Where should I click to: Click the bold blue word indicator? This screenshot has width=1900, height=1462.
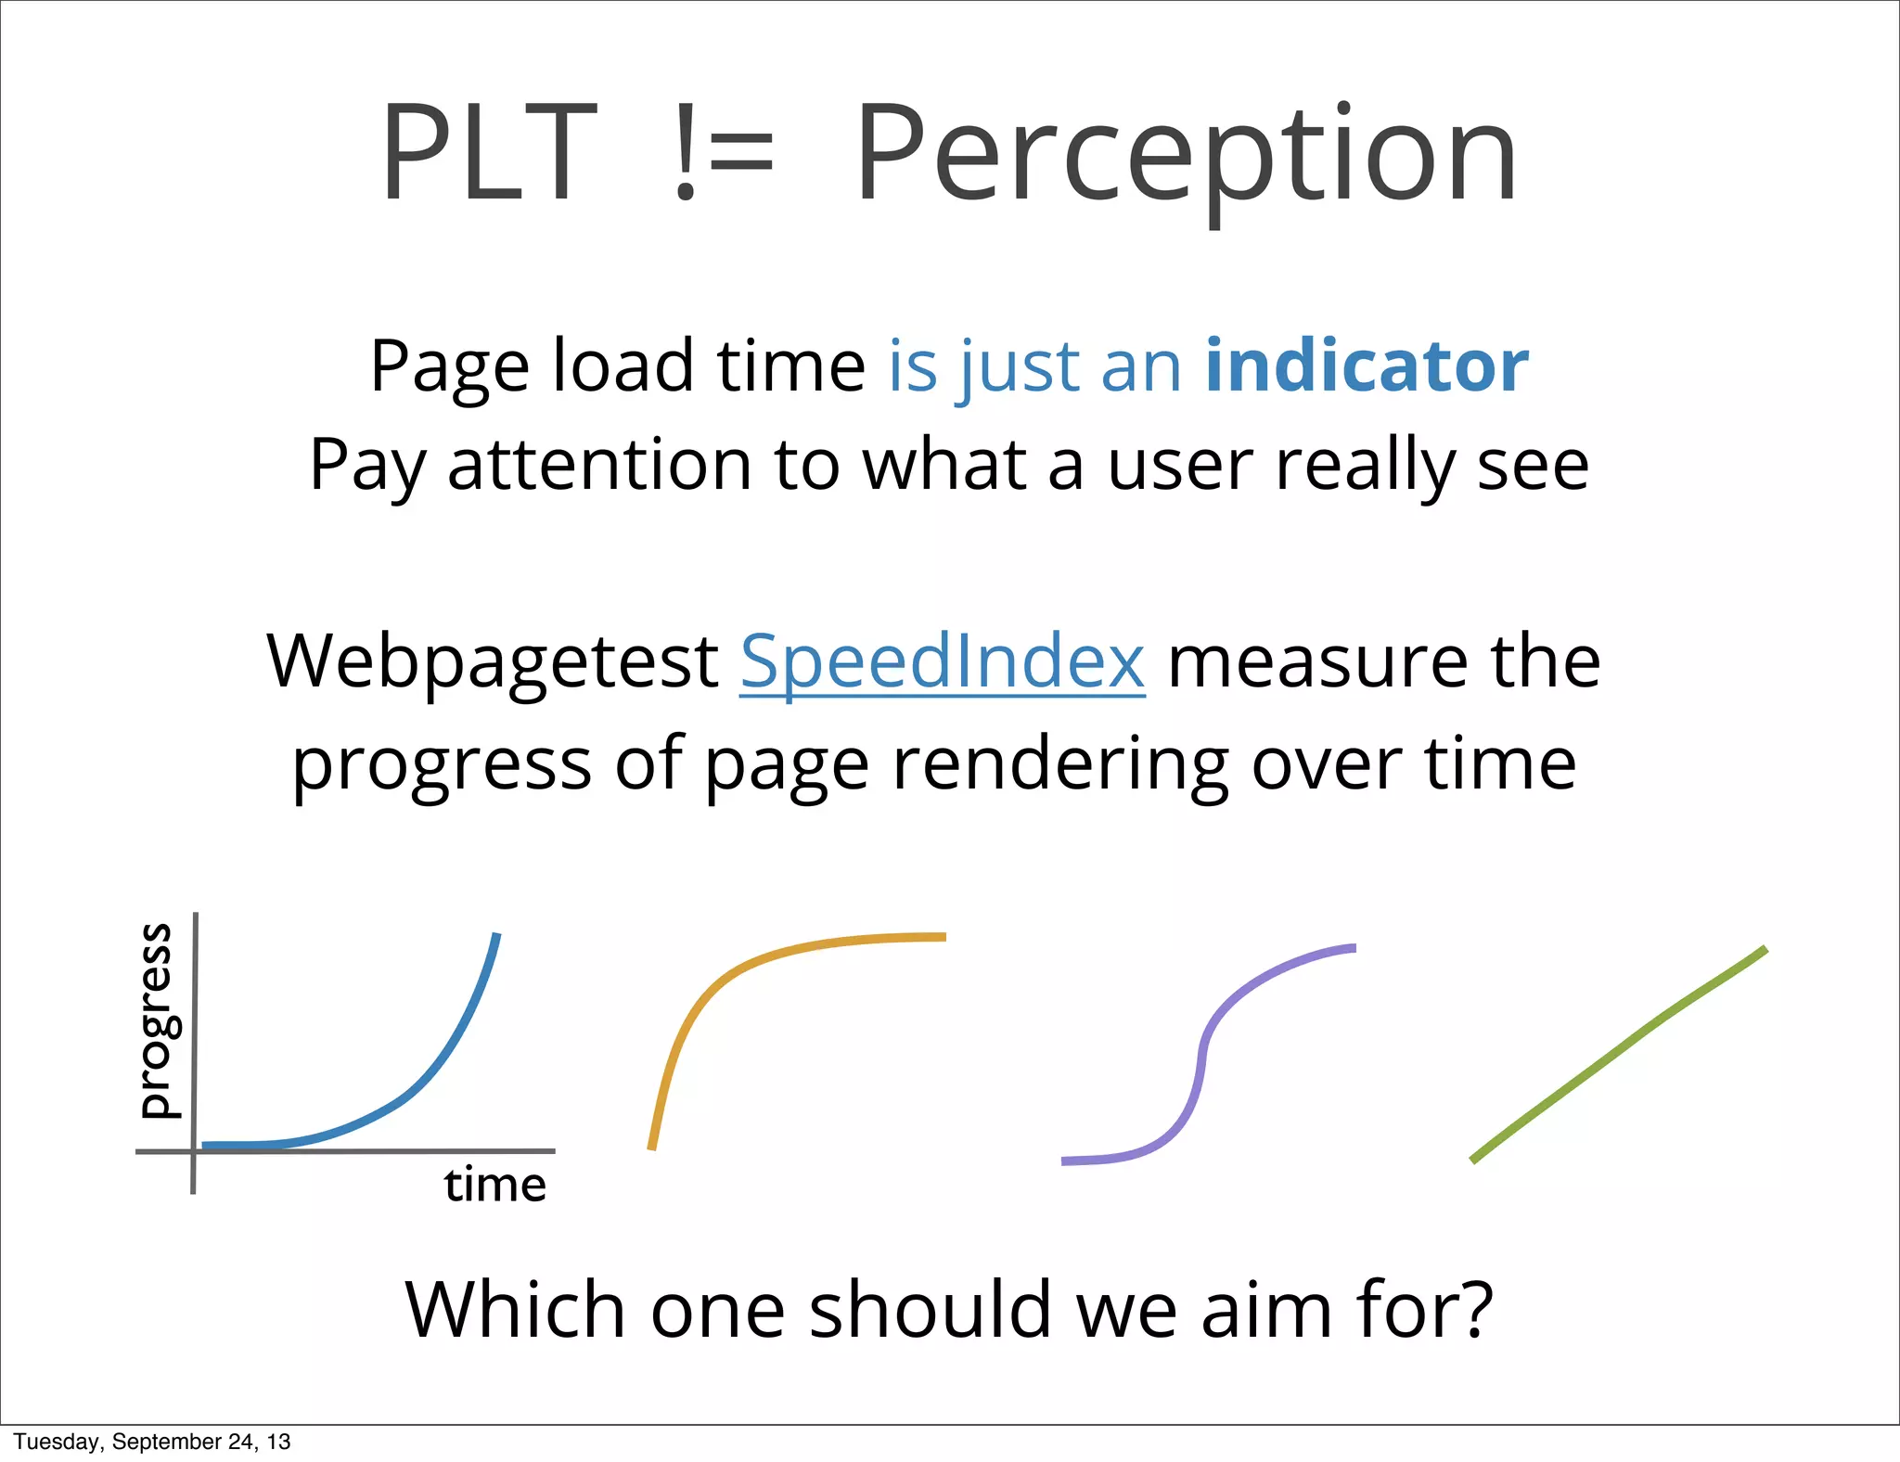[x=1367, y=366]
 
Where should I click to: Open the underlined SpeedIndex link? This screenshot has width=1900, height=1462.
[x=943, y=662]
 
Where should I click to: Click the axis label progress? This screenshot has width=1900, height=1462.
[x=156, y=1020]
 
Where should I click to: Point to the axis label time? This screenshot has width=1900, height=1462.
[x=495, y=1186]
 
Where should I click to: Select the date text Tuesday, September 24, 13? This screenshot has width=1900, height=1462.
[x=152, y=1442]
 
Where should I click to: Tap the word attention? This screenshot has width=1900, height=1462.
[x=599, y=466]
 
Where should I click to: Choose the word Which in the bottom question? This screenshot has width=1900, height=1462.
[x=516, y=1310]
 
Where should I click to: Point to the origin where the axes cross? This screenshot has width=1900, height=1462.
[x=194, y=1151]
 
